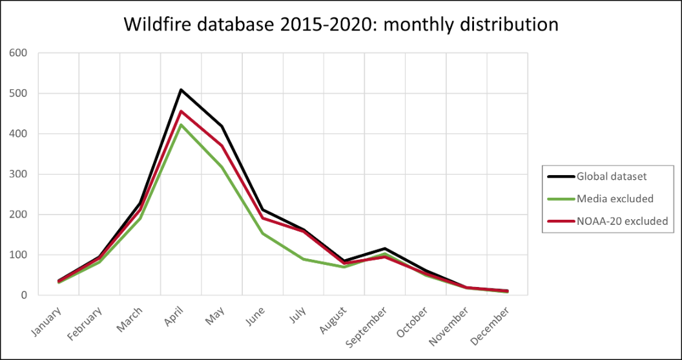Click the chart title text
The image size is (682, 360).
click(x=340, y=25)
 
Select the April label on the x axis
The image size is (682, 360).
click(x=172, y=317)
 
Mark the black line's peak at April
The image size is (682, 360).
click(x=181, y=90)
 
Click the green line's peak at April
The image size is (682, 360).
click(x=181, y=125)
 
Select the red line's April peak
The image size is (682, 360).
click(x=181, y=111)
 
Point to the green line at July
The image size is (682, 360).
click(x=304, y=259)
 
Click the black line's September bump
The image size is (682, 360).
click(x=385, y=248)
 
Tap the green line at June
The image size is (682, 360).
click(x=263, y=233)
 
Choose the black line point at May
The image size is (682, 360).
click(x=222, y=126)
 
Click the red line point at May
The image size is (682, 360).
click(x=222, y=145)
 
